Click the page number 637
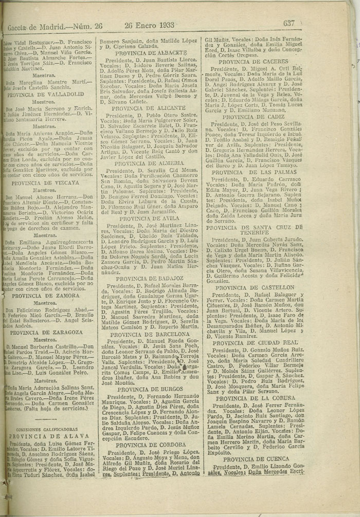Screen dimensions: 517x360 289,23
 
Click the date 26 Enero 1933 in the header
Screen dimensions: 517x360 149,24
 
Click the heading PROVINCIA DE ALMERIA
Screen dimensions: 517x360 149,163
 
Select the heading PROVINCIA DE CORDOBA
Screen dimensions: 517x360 149,445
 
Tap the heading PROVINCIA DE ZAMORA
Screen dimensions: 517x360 46,296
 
